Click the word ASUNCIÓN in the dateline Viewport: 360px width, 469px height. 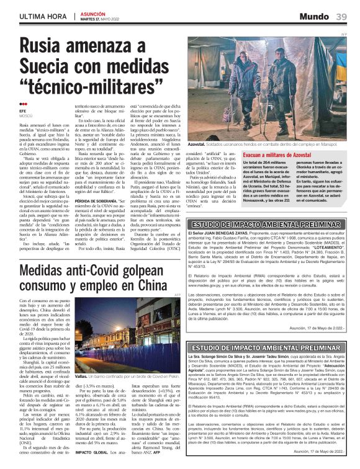click(x=92, y=13)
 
